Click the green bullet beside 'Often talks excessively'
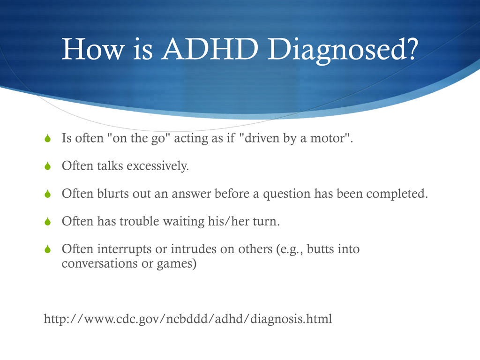coord(47,166)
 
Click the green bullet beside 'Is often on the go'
coord(47,139)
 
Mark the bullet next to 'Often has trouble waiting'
coord(47,221)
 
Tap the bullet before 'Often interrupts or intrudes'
coord(47,249)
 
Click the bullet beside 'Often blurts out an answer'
coord(47,194)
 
